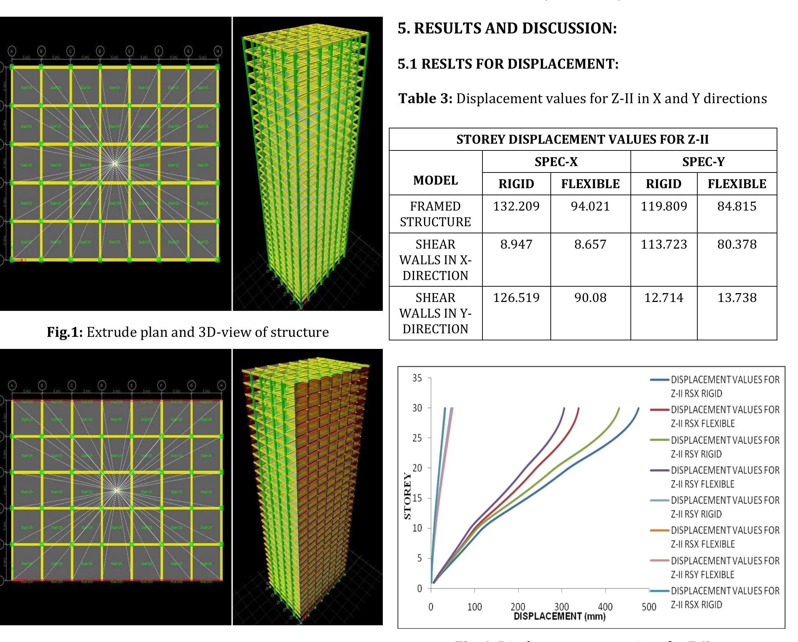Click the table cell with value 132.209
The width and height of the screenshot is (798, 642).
point(516,206)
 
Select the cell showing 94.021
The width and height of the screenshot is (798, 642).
point(590,206)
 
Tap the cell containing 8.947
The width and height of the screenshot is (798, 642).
point(516,244)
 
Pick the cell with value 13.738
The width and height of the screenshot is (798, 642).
point(736,297)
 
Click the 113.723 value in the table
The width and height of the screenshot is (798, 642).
point(663,244)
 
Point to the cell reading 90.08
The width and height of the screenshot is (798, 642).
point(590,297)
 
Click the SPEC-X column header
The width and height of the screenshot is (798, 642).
point(556,162)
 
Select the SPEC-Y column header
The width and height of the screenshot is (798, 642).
point(703,162)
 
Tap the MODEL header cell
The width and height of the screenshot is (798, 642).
point(435,180)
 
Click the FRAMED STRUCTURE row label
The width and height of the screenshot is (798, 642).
point(435,214)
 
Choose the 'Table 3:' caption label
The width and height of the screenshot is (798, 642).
point(425,99)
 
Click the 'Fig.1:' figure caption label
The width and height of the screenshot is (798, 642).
point(65,332)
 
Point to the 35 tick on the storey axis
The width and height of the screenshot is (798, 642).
point(417,378)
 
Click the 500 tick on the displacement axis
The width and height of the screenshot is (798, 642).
point(649,607)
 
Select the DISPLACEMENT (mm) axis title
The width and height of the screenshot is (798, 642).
point(560,616)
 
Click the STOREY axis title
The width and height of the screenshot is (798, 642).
point(407,496)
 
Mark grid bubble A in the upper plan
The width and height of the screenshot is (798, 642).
point(12,51)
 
